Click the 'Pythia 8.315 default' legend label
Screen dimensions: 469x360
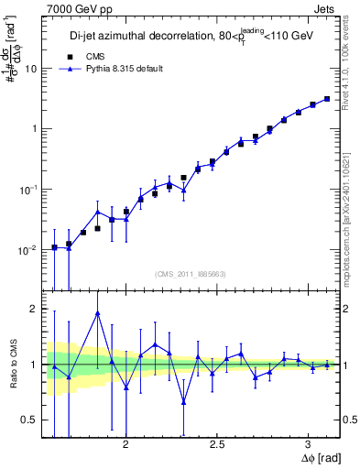pos(124,69)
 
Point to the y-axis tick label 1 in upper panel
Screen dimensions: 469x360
pos(35,129)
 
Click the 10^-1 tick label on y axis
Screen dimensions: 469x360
pos(29,189)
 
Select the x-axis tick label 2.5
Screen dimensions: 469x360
pos(218,443)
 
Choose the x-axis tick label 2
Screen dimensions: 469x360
pos(125,443)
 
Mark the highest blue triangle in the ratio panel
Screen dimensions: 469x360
pos(97,313)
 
